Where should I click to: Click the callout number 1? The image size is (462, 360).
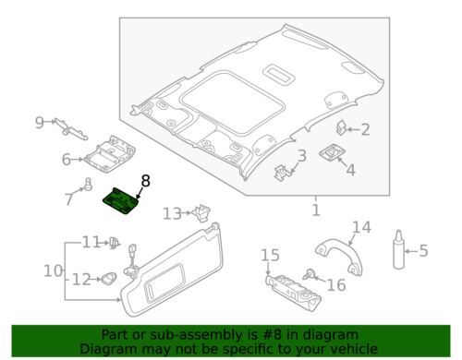click(x=315, y=211)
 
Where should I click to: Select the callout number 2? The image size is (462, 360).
click(x=364, y=130)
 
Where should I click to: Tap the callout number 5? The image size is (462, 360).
click(x=423, y=250)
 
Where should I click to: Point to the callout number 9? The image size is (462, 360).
click(x=40, y=121)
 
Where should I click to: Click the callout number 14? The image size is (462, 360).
click(x=360, y=226)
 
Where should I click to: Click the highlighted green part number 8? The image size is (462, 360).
click(x=124, y=198)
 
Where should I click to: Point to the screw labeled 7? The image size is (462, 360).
click(x=88, y=184)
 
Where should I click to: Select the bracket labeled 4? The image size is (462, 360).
click(x=332, y=158)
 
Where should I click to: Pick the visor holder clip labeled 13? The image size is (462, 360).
click(x=200, y=215)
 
